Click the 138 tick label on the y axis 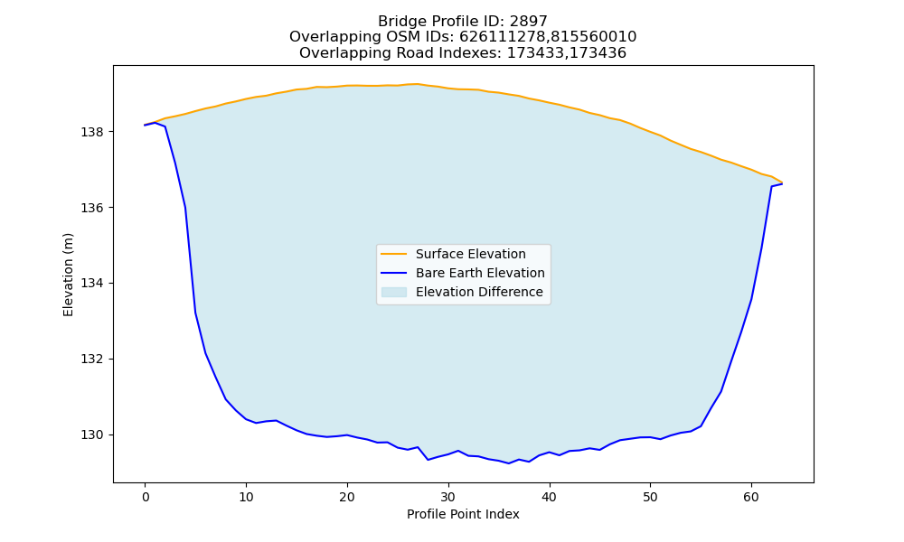[92, 132]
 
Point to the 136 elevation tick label [92, 208]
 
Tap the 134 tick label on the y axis [92, 284]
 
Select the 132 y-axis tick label [92, 359]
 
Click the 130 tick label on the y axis [92, 435]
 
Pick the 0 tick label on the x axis [146, 497]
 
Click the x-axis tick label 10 [246, 497]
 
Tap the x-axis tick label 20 [347, 497]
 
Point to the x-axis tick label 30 [448, 497]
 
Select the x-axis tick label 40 [550, 497]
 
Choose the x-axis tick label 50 [650, 497]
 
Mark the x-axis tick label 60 [751, 497]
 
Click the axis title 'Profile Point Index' [463, 514]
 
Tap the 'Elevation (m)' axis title [68, 275]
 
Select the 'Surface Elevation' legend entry [470, 254]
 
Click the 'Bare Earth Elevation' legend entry [480, 273]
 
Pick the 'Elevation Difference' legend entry [479, 292]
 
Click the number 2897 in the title [529, 22]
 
